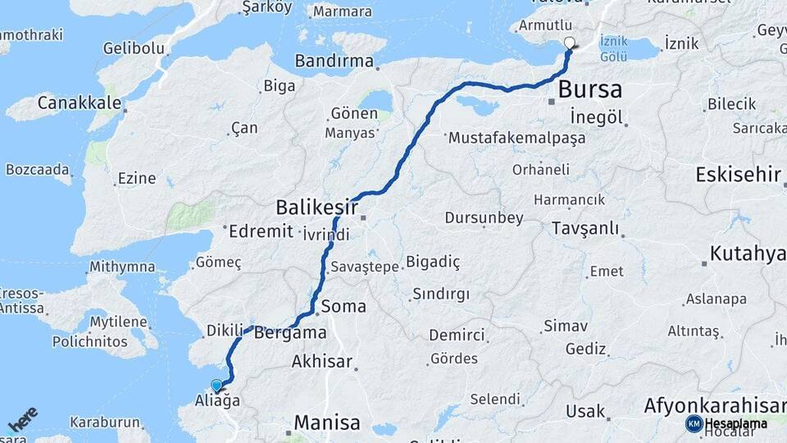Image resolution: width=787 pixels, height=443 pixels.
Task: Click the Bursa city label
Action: [x=589, y=89]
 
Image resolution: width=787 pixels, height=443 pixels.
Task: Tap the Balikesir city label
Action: [x=316, y=207]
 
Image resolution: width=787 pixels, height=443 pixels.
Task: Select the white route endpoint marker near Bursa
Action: [x=570, y=43]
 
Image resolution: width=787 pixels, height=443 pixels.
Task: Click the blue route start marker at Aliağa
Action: [x=216, y=385]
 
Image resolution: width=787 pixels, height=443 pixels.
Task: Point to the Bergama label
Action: [x=290, y=334]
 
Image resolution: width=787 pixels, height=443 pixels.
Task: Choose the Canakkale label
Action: [x=80, y=105]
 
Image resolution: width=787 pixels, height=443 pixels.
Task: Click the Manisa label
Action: [x=326, y=423]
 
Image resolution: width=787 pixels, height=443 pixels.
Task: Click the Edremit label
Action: [x=262, y=231]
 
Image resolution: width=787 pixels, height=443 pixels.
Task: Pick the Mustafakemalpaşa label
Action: [x=516, y=138]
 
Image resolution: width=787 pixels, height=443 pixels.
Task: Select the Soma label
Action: [x=343, y=307]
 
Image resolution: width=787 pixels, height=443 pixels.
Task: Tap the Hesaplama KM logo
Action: [x=726, y=423]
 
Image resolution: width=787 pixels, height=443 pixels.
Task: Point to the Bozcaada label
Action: [x=38, y=169]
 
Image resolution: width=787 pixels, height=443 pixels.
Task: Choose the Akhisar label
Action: [x=321, y=362]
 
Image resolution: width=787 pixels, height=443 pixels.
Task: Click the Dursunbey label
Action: [x=484, y=218]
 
